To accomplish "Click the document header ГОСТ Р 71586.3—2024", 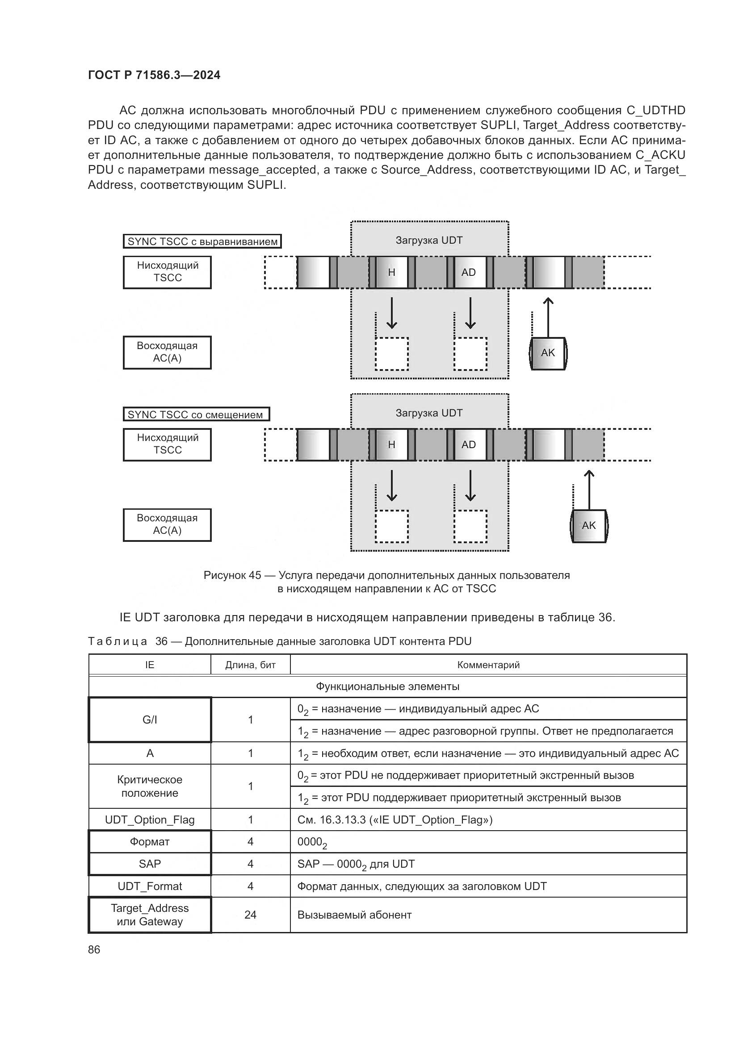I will pyautogui.click(x=154, y=75).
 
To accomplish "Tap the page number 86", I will pyautogui.click(x=94, y=949).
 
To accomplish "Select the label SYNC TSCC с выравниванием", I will pyautogui.click(x=202, y=241).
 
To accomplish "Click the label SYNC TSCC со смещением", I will pyautogui.click(x=196, y=414).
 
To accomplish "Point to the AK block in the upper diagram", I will pyautogui.click(x=548, y=353).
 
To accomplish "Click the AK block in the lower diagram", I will pyautogui.click(x=588, y=526).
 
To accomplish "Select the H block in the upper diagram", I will pyautogui.click(x=391, y=272).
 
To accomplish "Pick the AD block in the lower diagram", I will pyautogui.click(x=468, y=445).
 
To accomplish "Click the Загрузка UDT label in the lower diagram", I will pyautogui.click(x=428, y=413).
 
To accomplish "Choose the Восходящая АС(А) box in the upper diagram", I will pyautogui.click(x=167, y=353).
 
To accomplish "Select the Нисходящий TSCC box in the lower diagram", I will pyautogui.click(x=167, y=444).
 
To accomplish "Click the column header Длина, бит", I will pyautogui.click(x=250, y=665).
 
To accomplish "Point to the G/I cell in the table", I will pyautogui.click(x=150, y=720).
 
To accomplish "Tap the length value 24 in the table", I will pyautogui.click(x=250, y=915).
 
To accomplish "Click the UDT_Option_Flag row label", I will pyautogui.click(x=150, y=819).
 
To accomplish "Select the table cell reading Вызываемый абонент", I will pyautogui.click(x=354, y=915).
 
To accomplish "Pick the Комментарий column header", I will pyautogui.click(x=488, y=665).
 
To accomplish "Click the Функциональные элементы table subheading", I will pyautogui.click(x=387, y=686).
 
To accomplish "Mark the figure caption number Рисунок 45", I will pyautogui.click(x=232, y=575).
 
